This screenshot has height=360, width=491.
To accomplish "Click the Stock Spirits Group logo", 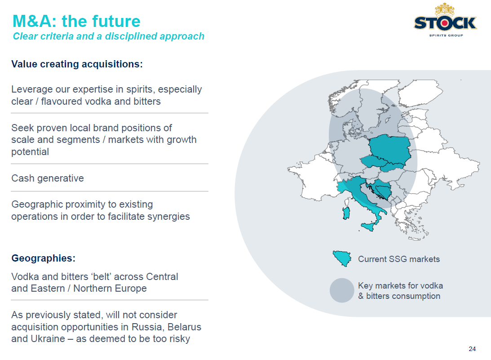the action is [x=445, y=20].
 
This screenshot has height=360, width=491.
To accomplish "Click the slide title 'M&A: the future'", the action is [x=76, y=21].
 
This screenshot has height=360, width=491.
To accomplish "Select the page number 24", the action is [x=472, y=349].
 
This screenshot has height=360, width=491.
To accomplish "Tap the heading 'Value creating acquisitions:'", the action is [x=77, y=64].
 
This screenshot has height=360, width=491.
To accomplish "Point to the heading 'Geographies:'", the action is [x=43, y=258].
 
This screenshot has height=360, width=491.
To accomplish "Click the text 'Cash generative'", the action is [x=48, y=178].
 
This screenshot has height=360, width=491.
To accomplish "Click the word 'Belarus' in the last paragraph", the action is [x=185, y=327].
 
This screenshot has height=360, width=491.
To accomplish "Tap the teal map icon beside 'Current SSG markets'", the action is [x=342, y=258].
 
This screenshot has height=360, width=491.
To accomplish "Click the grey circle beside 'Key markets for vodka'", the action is [x=342, y=290].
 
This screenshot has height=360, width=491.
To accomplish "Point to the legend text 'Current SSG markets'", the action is [x=399, y=259].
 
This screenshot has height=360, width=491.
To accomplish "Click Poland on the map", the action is [x=390, y=149].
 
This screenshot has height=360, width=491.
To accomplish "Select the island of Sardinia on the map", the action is [x=346, y=213].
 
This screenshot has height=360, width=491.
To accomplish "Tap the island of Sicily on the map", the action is [x=367, y=226].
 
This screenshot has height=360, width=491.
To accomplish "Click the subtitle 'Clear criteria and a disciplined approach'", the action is [x=109, y=36].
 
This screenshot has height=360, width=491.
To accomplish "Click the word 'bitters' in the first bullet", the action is [x=147, y=102].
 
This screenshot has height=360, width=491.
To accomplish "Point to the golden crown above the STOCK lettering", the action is [x=445, y=10].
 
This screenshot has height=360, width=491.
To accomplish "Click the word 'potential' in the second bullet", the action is [x=30, y=152].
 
